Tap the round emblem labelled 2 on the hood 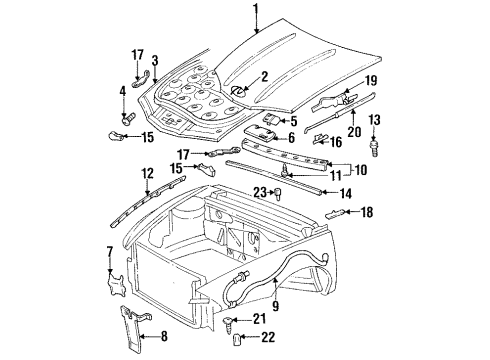tap(237, 91)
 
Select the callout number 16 tap(349, 144)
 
